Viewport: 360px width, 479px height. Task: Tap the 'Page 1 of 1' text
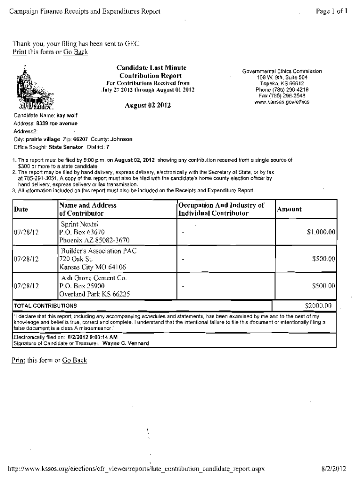tap(331, 10)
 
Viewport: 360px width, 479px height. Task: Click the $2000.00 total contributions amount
tap(318, 306)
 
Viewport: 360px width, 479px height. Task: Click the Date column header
tap(21, 210)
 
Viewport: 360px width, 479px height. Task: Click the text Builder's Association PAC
tap(98, 251)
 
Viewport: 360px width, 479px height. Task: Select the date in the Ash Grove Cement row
tap(26, 285)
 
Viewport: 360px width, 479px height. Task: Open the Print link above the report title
tap(19, 52)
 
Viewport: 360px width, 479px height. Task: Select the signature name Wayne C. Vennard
tap(125, 343)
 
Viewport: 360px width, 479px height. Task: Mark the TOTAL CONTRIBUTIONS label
tap(45, 306)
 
